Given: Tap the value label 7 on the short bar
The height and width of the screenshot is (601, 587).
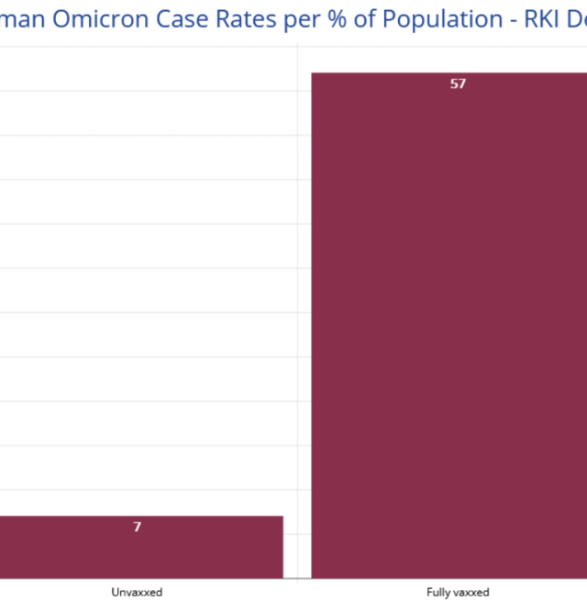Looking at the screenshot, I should (x=138, y=528).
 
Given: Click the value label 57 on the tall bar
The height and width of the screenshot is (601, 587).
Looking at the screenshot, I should (x=458, y=84).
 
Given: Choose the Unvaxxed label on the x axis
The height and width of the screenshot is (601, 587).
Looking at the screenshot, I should (x=137, y=592).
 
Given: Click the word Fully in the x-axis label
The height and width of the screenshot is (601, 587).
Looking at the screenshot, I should (x=438, y=592).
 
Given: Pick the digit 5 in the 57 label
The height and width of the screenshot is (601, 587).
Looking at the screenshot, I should (x=454, y=84).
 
